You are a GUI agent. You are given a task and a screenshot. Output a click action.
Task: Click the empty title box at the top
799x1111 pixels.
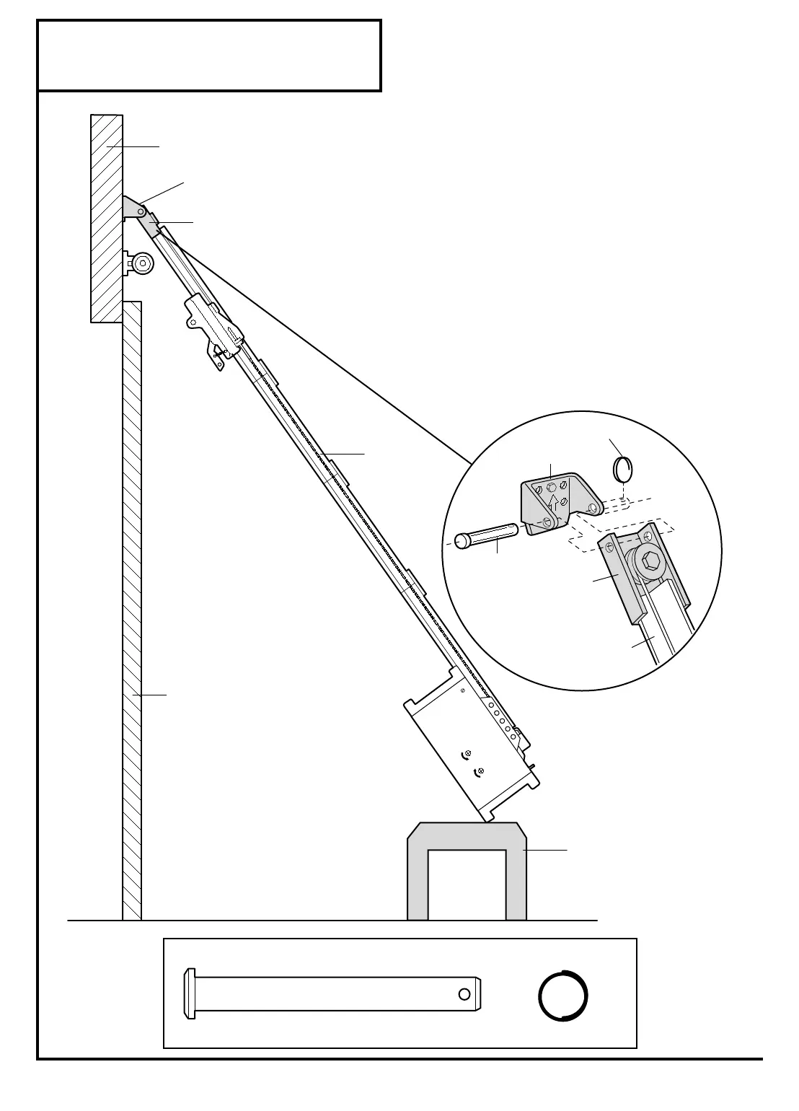click(x=209, y=56)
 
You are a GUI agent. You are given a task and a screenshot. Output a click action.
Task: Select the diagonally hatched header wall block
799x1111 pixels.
click(x=106, y=216)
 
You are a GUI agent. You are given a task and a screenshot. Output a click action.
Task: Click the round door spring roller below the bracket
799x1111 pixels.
click(x=142, y=263)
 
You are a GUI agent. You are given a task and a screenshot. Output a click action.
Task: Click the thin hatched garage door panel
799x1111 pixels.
click(x=132, y=613)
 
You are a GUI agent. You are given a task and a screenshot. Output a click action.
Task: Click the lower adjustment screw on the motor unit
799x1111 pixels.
click(x=481, y=771)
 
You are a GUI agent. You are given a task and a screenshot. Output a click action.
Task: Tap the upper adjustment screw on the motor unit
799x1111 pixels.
click(x=468, y=753)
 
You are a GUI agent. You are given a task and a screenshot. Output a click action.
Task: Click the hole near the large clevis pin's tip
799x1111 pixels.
click(x=464, y=995)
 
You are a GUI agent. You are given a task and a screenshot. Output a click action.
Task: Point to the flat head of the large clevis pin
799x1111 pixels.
click(x=190, y=994)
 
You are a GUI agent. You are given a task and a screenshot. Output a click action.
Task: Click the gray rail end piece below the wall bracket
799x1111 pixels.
click(x=152, y=225)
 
